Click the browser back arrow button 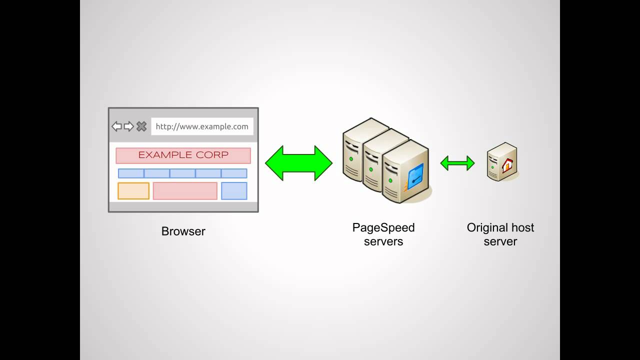[x=116, y=126]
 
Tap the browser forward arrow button [x=129, y=126]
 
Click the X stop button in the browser [x=141, y=126]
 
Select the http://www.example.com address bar [x=202, y=126]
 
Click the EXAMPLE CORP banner [x=183, y=155]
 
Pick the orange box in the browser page [x=133, y=191]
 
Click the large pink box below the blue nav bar [x=185, y=191]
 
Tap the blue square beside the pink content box [x=234, y=191]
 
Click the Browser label [x=183, y=231]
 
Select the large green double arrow [x=298, y=163]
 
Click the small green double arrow [x=457, y=163]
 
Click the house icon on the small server [x=507, y=165]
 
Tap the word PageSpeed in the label [x=383, y=227]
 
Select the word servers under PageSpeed [x=383, y=241]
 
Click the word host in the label [x=522, y=227]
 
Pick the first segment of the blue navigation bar [x=131, y=173]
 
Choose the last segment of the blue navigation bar [x=234, y=173]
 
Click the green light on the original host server [x=492, y=167]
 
